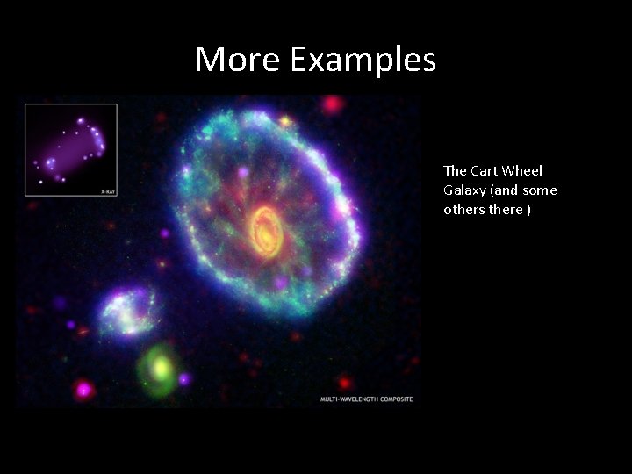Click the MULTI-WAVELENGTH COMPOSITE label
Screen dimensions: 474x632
tap(366, 399)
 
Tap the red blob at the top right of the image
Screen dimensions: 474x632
tap(332, 104)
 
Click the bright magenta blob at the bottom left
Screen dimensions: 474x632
tap(84, 387)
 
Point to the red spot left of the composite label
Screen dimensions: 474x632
tap(345, 383)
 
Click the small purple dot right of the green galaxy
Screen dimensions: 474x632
tap(184, 379)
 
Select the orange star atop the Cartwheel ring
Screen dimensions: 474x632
tap(284, 120)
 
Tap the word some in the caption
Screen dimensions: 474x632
tap(539, 190)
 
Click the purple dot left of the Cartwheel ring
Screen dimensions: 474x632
tap(164, 233)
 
